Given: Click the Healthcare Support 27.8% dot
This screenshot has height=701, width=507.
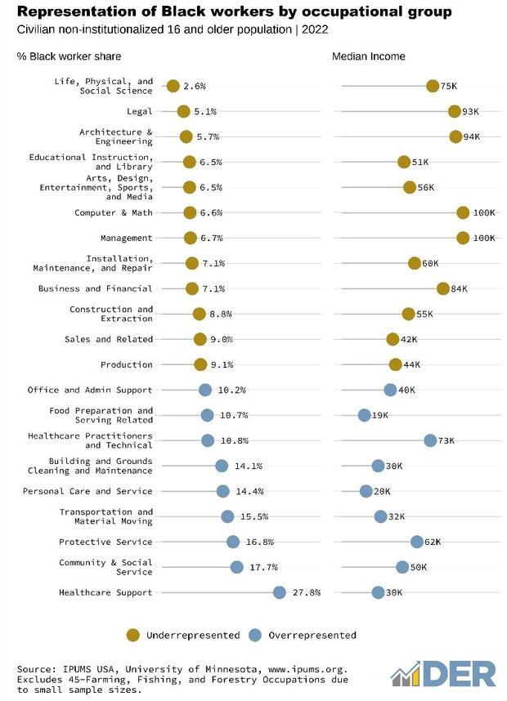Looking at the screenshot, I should (280, 592).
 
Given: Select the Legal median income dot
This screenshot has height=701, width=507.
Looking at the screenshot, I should (455, 111).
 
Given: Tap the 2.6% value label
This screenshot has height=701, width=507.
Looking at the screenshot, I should (195, 86).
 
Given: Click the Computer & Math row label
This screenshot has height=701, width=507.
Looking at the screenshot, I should (114, 212).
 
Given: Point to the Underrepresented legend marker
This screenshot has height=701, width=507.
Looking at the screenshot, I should (132, 635).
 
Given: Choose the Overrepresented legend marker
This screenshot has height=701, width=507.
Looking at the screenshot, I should (254, 635).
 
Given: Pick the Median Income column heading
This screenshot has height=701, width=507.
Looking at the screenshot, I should (369, 56).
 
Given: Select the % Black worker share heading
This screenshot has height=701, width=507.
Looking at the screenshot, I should (70, 56).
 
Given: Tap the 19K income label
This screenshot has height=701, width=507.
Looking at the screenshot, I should (379, 415).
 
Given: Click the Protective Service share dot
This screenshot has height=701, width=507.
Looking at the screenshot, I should (233, 542).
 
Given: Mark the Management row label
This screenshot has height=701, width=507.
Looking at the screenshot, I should (125, 238).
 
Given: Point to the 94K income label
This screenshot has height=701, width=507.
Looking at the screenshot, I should (472, 136).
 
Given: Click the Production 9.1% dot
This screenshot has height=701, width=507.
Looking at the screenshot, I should (200, 364).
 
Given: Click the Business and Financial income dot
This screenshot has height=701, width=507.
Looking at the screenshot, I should (443, 288).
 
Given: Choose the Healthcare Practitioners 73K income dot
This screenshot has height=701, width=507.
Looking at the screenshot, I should (430, 440).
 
